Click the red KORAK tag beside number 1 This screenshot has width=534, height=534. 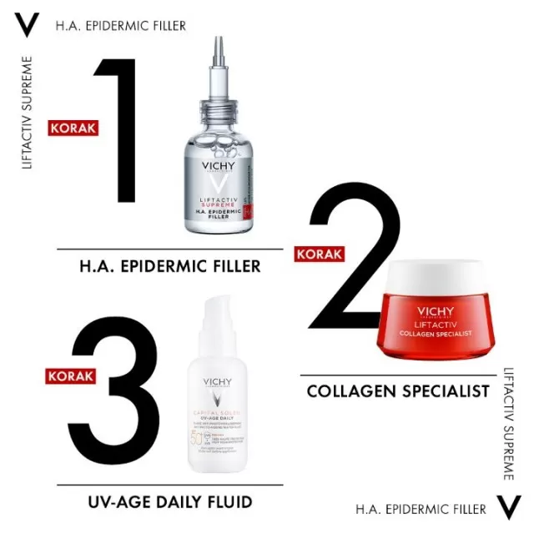pos(75,128)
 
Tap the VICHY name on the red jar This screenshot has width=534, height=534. pos(438,314)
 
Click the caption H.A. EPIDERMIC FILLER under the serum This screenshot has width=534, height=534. pos(169,266)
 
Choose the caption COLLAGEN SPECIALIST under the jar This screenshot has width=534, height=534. pos(397,390)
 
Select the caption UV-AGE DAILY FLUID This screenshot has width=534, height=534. pos(170,501)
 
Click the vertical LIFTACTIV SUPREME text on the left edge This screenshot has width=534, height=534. pos(28,113)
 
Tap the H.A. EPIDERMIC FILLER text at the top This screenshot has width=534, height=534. pos(121,26)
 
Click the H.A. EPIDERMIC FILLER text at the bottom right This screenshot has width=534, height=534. pos(421,508)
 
